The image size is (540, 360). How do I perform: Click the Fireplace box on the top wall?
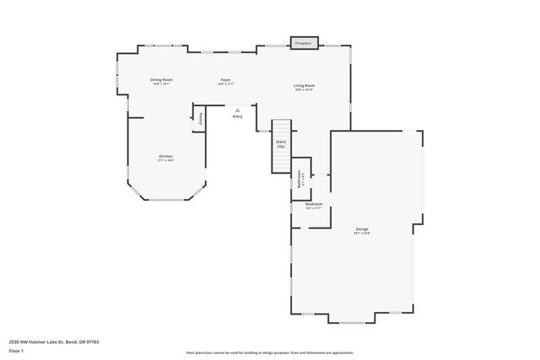coord(303,43)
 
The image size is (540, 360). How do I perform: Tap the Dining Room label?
coord(162,79)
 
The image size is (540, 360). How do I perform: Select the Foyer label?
coord(225,80)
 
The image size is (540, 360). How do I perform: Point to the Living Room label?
coord(304,85)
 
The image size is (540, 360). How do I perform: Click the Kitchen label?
coord(166,156)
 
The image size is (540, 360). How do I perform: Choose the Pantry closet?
coord(200,119)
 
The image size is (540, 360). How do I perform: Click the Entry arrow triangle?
coord(238,110)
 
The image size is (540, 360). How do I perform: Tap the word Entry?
coord(238,116)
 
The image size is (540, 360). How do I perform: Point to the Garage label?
coord(362,228)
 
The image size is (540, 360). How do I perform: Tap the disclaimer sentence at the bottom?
coord(269,352)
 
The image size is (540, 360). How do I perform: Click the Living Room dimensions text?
coord(304,89)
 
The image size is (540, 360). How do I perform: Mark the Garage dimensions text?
coord(362,233)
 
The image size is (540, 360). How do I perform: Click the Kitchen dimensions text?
coord(166,160)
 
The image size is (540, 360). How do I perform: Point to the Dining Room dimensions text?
coord(162,83)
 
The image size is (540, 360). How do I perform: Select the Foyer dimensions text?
coord(225,84)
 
